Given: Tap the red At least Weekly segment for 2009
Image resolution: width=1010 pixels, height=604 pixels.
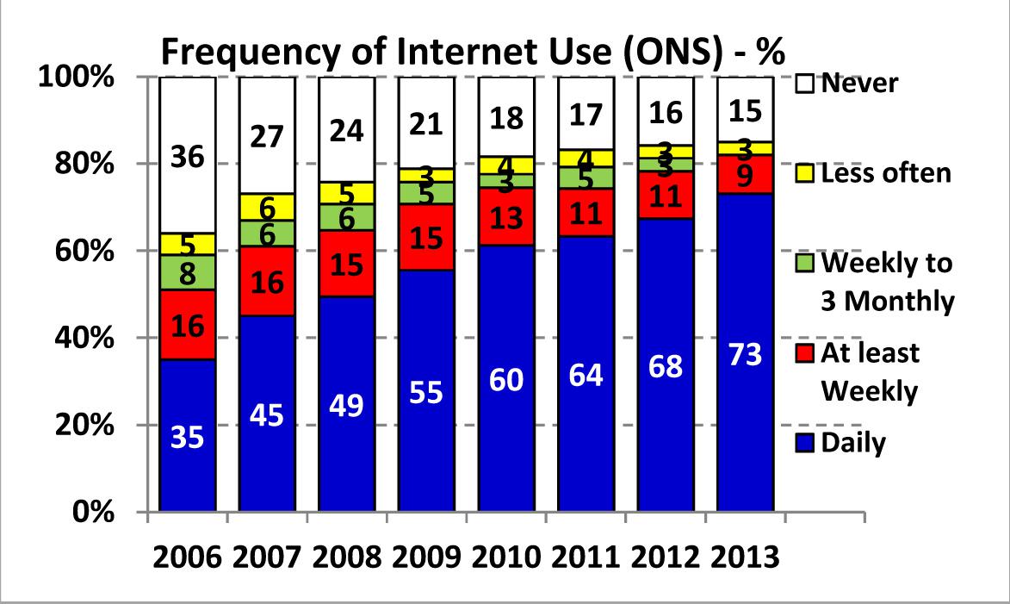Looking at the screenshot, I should point(426,237).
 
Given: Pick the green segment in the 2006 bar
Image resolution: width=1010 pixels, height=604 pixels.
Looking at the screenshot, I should point(188,271).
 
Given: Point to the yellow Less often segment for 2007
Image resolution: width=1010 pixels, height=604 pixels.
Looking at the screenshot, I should point(267,207).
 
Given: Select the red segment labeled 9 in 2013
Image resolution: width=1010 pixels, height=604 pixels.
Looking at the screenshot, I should point(745,175).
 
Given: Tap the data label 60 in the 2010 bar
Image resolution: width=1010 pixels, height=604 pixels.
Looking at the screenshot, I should point(506,379).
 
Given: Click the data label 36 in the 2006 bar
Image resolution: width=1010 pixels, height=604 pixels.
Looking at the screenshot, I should point(187,158).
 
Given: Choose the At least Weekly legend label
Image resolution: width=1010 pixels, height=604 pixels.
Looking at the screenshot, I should point(871,371).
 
